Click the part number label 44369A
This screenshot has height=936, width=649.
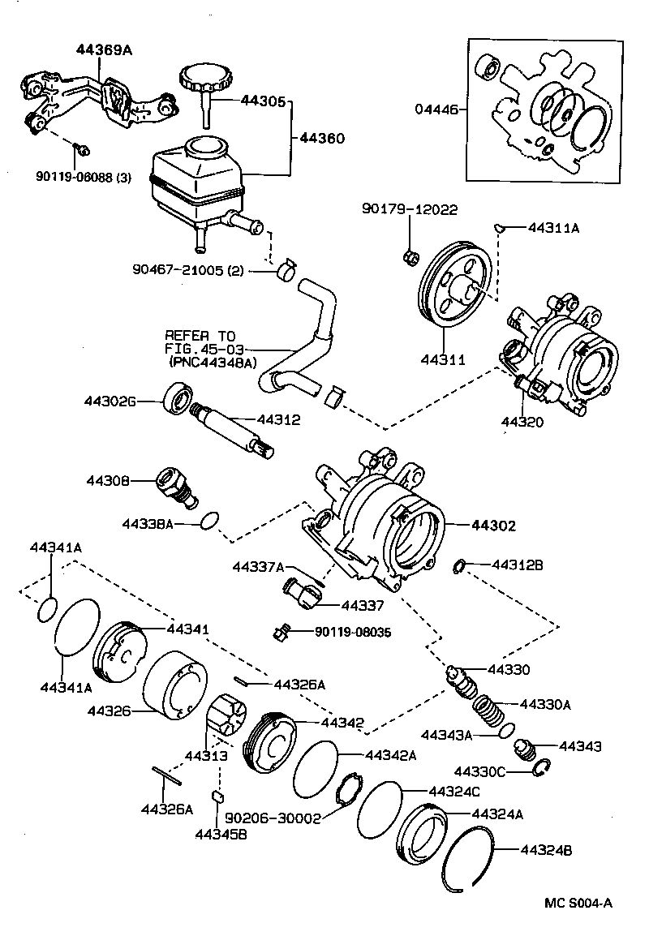(105, 49)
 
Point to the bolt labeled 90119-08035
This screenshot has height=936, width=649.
(282, 633)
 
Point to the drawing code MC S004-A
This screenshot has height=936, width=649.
(579, 904)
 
